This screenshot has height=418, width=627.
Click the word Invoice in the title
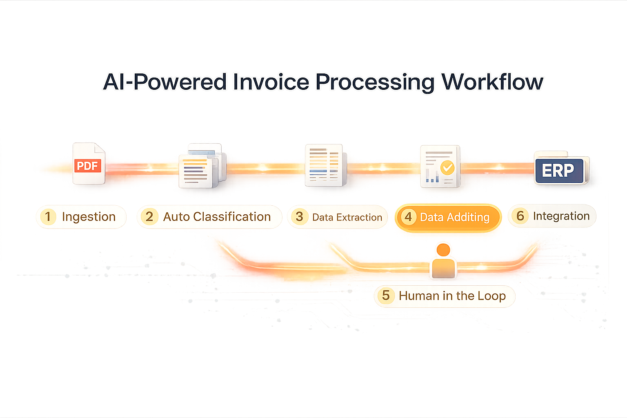pos(271,82)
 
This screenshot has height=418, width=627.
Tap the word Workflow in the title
pos(492,82)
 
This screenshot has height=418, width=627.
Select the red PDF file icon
pos(89,164)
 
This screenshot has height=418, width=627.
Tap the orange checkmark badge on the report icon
pos(447,167)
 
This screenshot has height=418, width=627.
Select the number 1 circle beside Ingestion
pos(48,216)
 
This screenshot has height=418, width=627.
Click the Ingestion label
pos(89,217)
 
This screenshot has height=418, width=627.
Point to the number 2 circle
pos(149,216)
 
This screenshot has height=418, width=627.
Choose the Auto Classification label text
pos(217,217)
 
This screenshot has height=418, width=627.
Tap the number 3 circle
pos(299,216)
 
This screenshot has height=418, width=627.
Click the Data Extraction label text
pos(347,217)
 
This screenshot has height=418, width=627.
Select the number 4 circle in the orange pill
pos(408,217)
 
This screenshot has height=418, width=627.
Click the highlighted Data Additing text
pos(454,217)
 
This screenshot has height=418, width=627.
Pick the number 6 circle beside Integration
pos(520,216)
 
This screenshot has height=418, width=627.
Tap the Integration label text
pos(561,216)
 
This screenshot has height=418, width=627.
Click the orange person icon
pos(443,261)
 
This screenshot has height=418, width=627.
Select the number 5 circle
pos(386,295)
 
